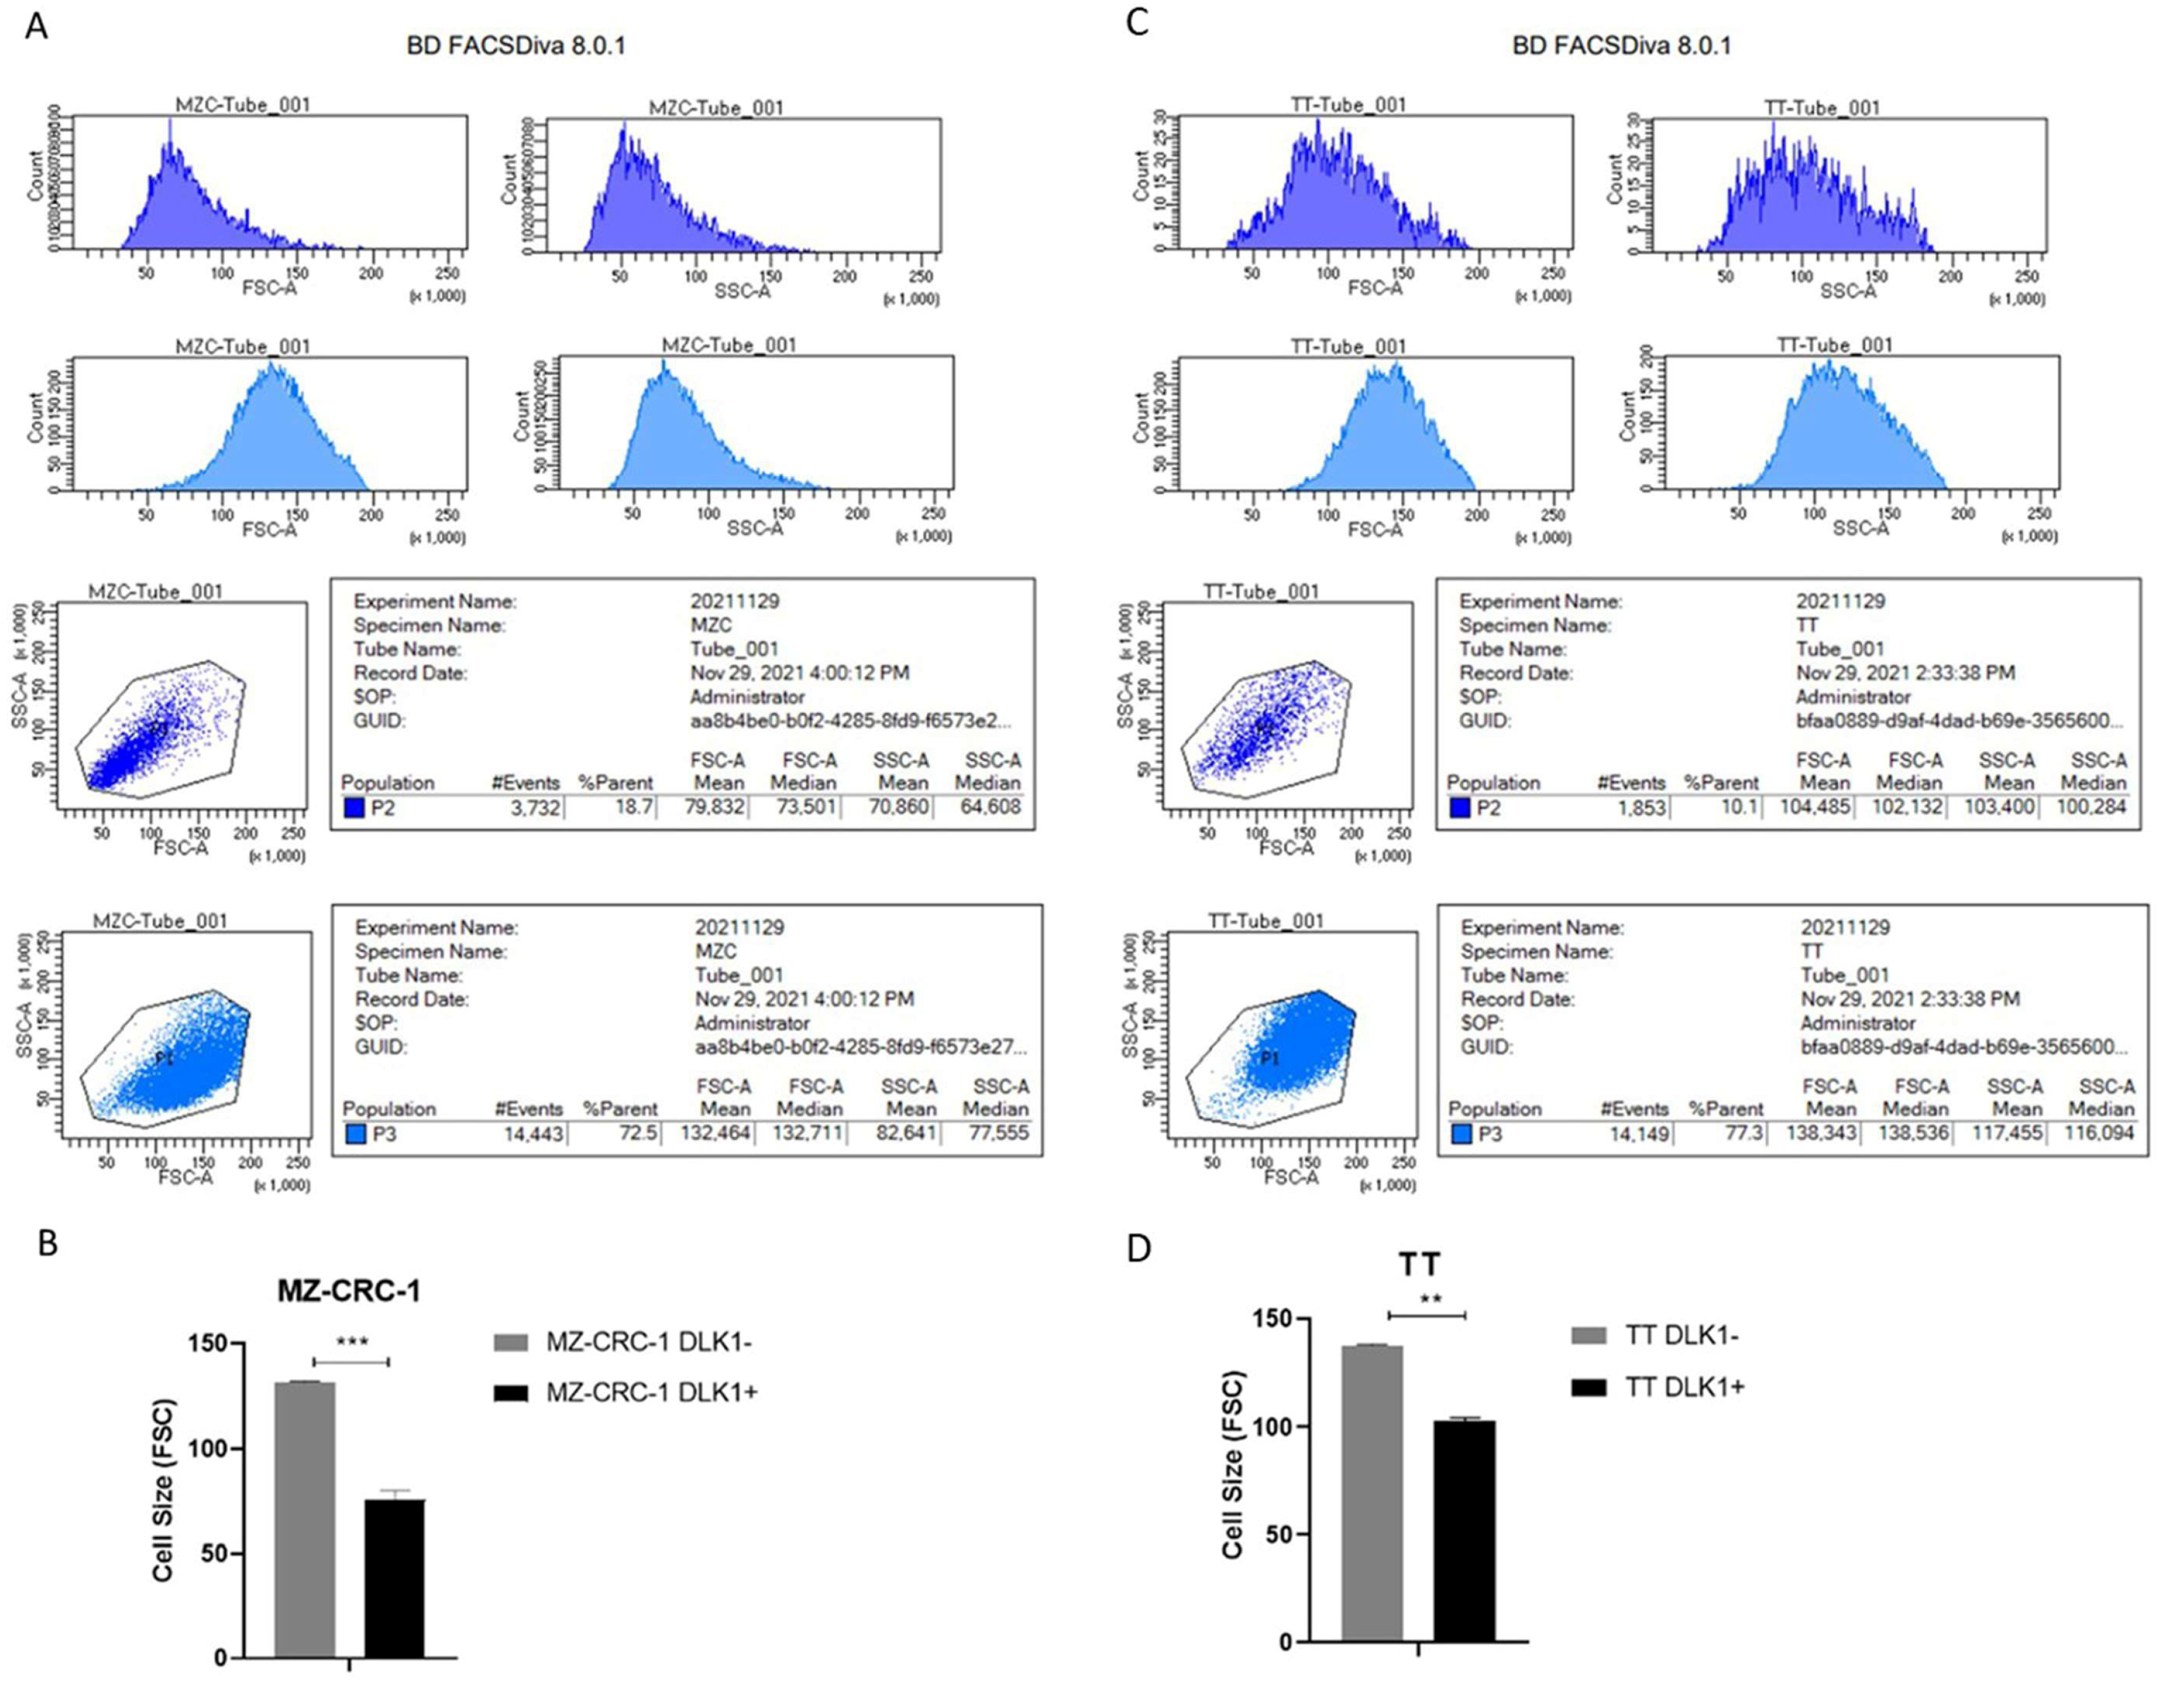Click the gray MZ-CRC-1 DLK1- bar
click(305, 1519)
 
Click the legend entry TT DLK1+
click(1684, 1387)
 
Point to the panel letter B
click(47, 1244)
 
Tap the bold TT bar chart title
click(1419, 1264)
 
